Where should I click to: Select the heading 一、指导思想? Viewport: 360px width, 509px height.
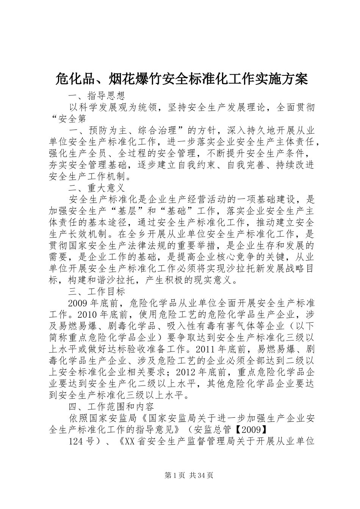pyautogui.click(x=96, y=95)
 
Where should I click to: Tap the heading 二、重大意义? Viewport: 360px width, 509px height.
pyautogui.click(x=96, y=187)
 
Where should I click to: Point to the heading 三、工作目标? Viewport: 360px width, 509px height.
pyautogui.click(x=96, y=291)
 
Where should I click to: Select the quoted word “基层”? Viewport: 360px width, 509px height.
pyautogui.click(x=127, y=211)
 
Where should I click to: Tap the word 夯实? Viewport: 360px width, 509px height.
pyautogui.click(x=58, y=165)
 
